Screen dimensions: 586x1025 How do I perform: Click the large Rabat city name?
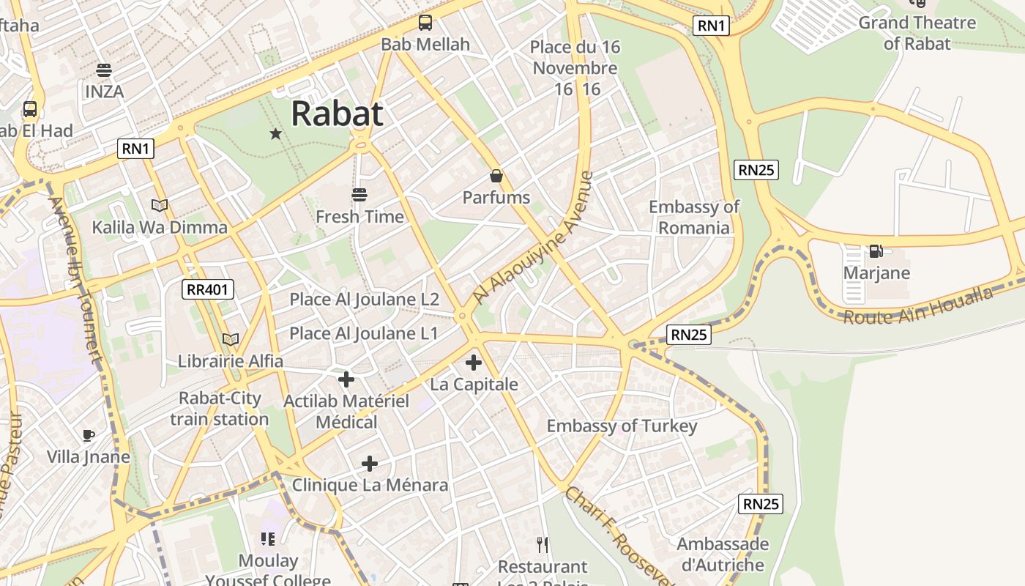coord(337,114)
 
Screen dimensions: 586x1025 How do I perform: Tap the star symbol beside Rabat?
coord(276,133)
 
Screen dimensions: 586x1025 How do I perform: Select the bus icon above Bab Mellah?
coord(425,23)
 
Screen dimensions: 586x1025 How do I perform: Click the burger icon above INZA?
coord(104,70)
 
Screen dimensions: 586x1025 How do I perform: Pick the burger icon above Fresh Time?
coord(359,195)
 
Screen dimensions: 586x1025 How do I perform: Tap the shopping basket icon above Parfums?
coord(496,176)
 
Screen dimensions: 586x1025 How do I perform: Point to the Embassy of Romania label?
coord(694,217)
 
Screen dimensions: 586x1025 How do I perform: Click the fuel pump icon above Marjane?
coord(876,251)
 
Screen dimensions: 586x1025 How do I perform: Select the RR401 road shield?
coord(208,289)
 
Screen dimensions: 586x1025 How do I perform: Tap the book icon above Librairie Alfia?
coord(231,339)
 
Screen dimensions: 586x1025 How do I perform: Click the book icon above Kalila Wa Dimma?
coord(160,206)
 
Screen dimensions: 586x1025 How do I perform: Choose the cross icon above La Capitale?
coord(474,363)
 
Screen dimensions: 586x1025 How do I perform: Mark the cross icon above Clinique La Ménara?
coord(370,464)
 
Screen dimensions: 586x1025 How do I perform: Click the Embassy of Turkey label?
coord(622,426)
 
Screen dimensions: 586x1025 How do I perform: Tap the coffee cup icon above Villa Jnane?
coord(89,435)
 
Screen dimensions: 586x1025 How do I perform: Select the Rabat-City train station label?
coord(220,409)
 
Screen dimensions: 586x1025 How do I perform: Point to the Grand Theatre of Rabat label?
coord(917,33)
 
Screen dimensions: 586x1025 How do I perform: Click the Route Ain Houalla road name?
coord(918,306)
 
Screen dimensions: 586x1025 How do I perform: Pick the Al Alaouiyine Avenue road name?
coord(533,238)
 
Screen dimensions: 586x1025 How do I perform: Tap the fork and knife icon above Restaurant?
coord(543,544)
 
